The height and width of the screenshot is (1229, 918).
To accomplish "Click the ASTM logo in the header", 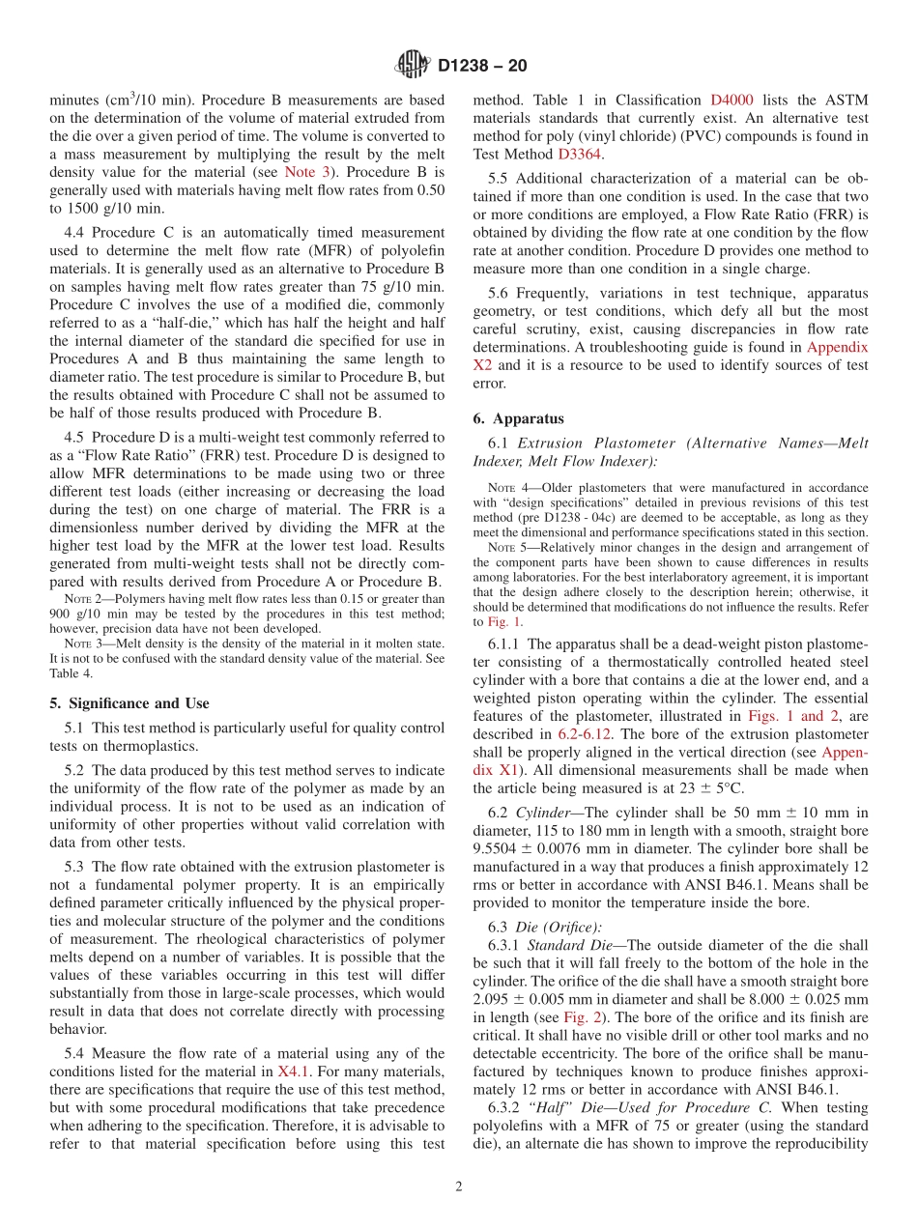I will coord(413,66).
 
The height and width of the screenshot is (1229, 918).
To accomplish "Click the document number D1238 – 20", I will coord(482,67).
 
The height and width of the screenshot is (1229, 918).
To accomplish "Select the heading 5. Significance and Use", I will coord(129,703).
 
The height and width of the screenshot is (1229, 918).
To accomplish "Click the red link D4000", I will coord(732,100).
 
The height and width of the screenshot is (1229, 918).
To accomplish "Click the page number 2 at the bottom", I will coord(459,1186).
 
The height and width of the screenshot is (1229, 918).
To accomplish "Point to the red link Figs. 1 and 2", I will coord(786,716).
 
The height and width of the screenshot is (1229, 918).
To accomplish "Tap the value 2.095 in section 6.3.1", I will coord(493,999).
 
